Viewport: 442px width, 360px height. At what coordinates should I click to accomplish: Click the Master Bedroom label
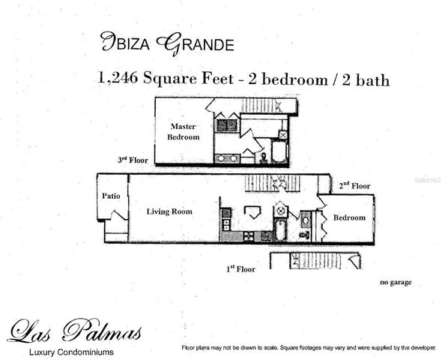[184, 132]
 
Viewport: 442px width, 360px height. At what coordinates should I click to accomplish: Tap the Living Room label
[169, 211]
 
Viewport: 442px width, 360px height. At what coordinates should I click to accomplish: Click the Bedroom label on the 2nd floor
[349, 217]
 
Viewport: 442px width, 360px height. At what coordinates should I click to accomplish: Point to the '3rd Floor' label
[133, 160]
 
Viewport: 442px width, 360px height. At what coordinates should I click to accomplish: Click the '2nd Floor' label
[354, 185]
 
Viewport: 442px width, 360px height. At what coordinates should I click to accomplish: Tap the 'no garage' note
[396, 283]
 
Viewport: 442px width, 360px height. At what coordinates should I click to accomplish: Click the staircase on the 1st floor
[315, 261]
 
